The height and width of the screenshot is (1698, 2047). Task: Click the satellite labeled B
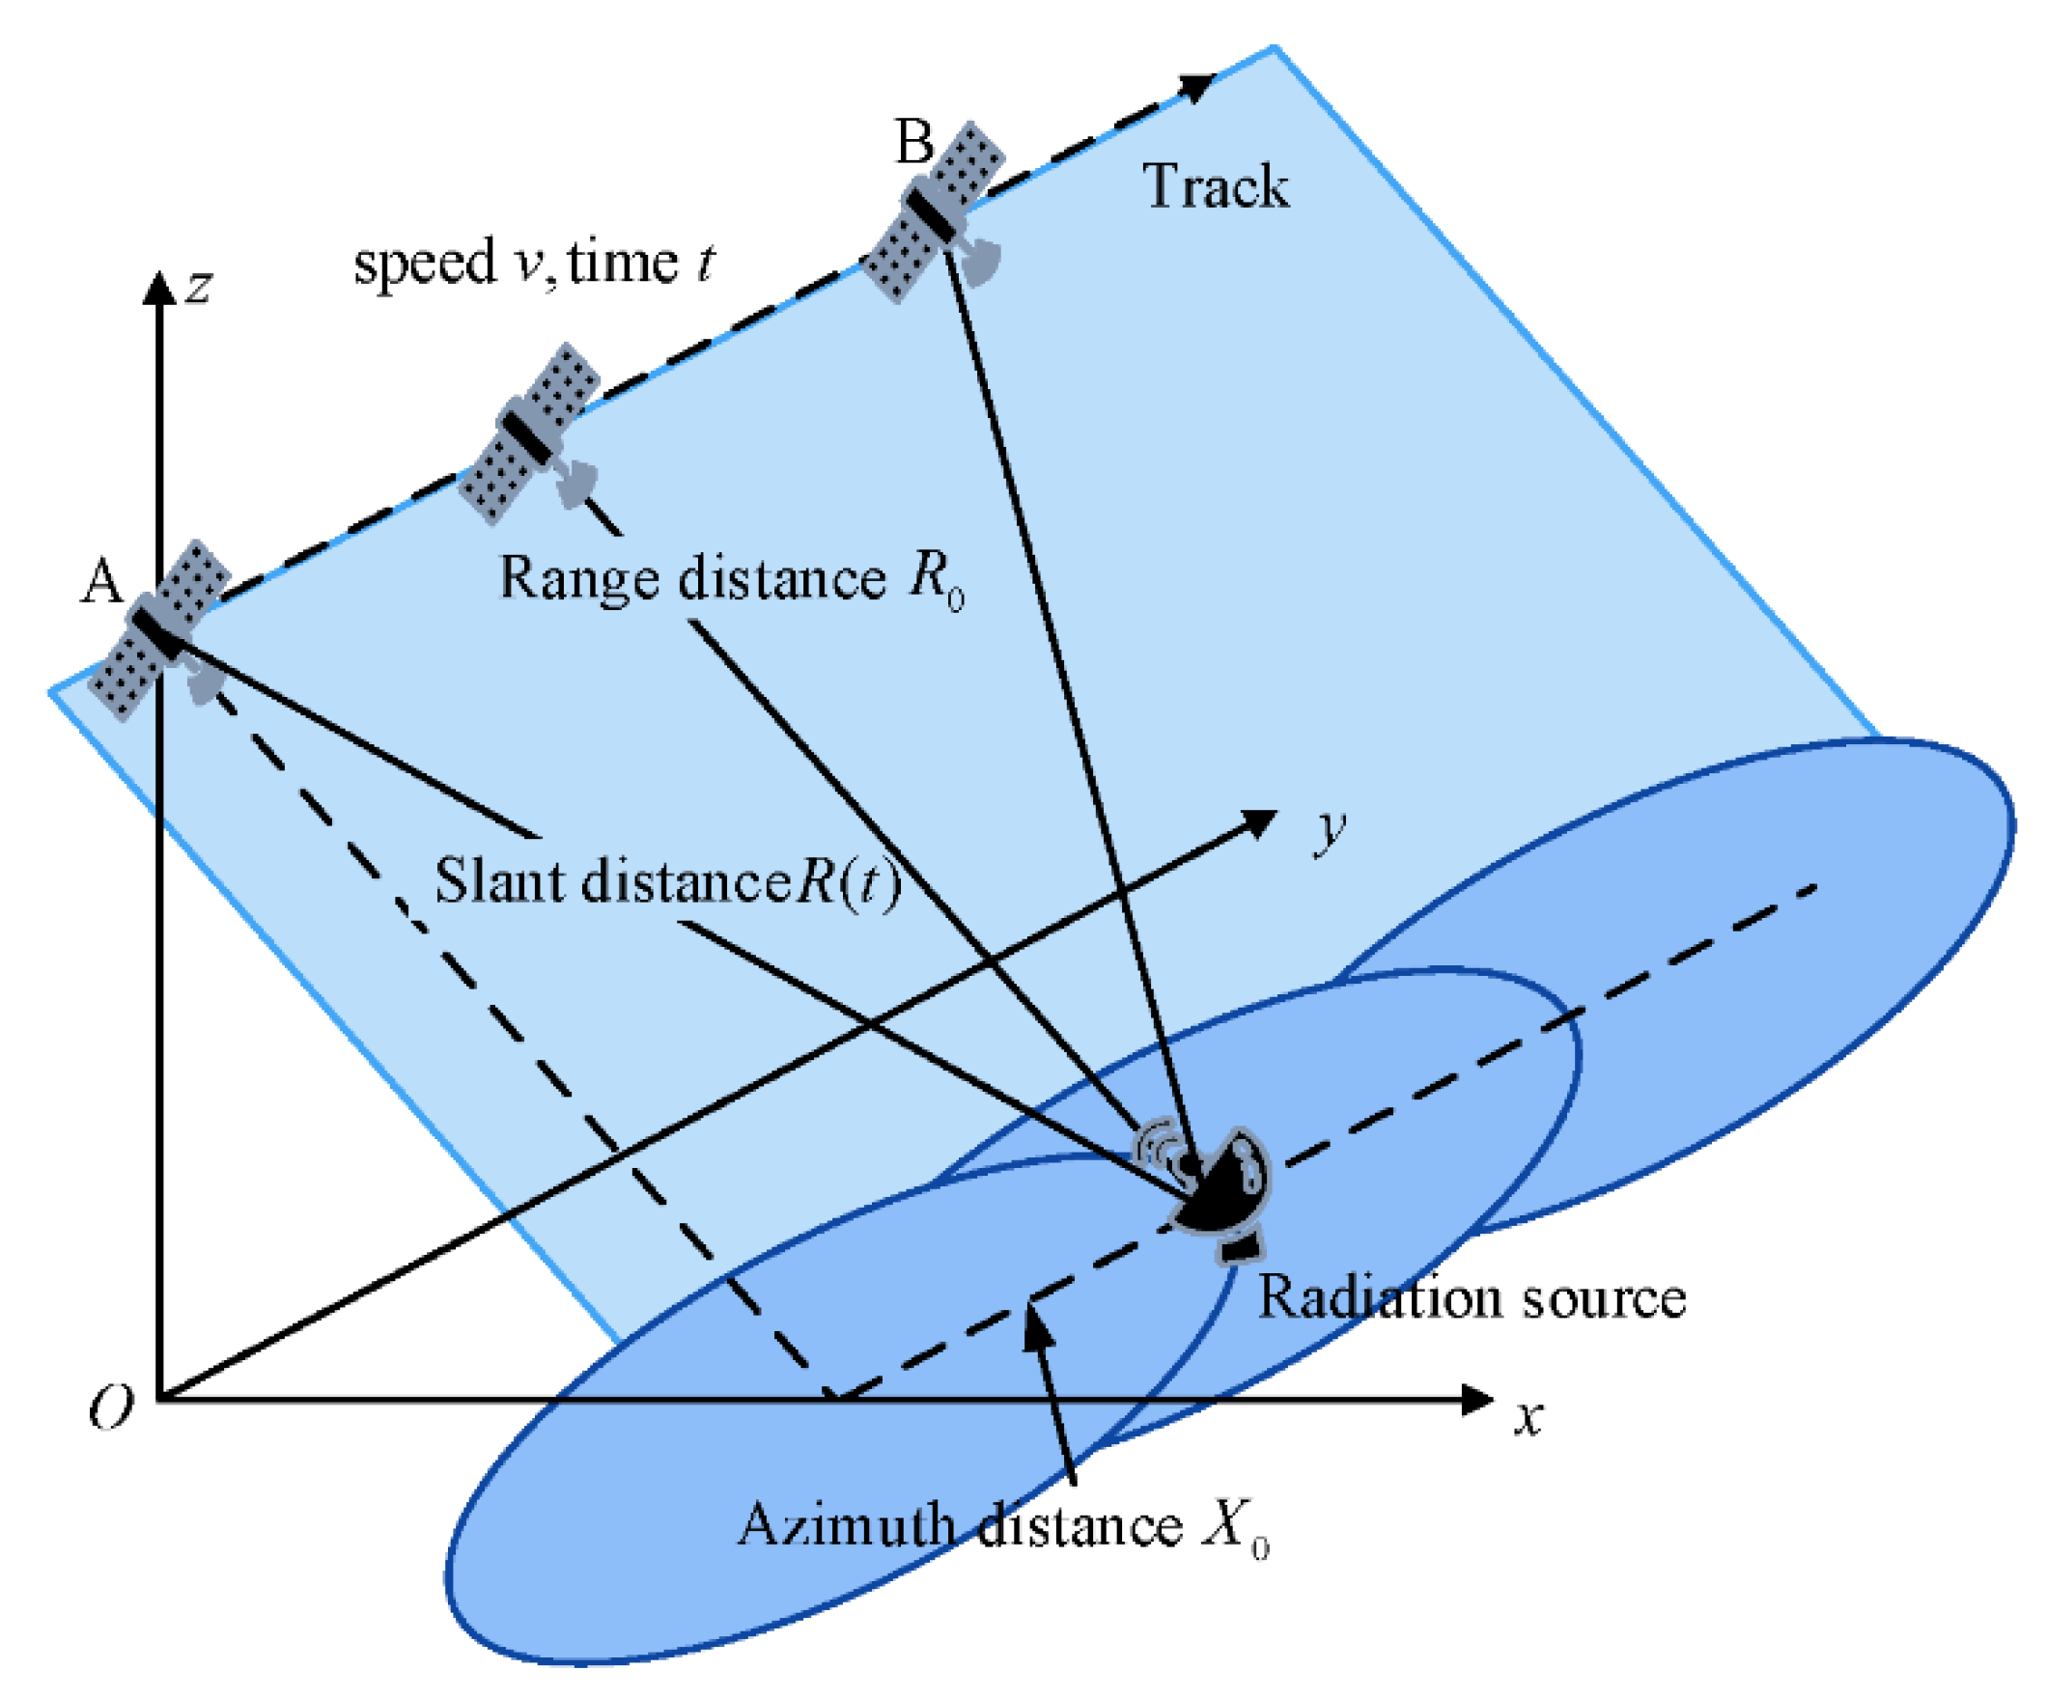click(934, 212)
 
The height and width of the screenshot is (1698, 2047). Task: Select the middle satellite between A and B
click(529, 433)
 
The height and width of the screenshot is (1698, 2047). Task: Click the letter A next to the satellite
click(101, 582)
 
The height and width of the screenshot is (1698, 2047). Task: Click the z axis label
click(199, 287)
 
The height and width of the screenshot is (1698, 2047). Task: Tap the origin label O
click(110, 1408)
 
